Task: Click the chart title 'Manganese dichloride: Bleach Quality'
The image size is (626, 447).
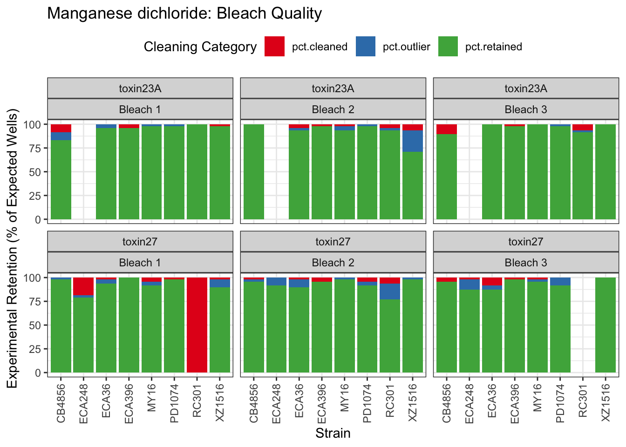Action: pyautogui.click(x=184, y=14)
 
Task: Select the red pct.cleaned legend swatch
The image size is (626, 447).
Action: pyautogui.click(x=274, y=47)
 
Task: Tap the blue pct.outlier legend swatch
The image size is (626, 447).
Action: pyautogui.click(x=366, y=47)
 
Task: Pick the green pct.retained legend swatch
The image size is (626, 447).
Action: pyautogui.click(x=448, y=47)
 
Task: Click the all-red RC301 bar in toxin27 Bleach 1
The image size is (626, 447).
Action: pyautogui.click(x=197, y=325)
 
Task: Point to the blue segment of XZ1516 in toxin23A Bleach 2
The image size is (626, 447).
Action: pyautogui.click(x=413, y=141)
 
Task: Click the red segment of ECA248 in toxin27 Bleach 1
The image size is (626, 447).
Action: pyautogui.click(x=83, y=286)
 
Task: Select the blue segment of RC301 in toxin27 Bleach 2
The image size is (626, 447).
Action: pyautogui.click(x=390, y=291)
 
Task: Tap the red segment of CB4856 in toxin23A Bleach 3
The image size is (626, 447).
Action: pyautogui.click(x=447, y=129)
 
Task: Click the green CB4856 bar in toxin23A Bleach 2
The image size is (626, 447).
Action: pyautogui.click(x=254, y=172)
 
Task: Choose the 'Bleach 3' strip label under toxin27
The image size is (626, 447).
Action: pyautogui.click(x=526, y=263)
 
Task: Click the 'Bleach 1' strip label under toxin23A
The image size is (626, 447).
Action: pyautogui.click(x=140, y=109)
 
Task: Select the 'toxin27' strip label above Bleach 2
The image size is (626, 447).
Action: pyautogui.click(x=333, y=242)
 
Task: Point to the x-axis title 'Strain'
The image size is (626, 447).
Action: pyautogui.click(x=333, y=433)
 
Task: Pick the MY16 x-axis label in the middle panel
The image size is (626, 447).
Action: pyautogui.click(x=345, y=398)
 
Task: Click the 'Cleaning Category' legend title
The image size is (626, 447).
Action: pyautogui.click(x=200, y=47)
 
